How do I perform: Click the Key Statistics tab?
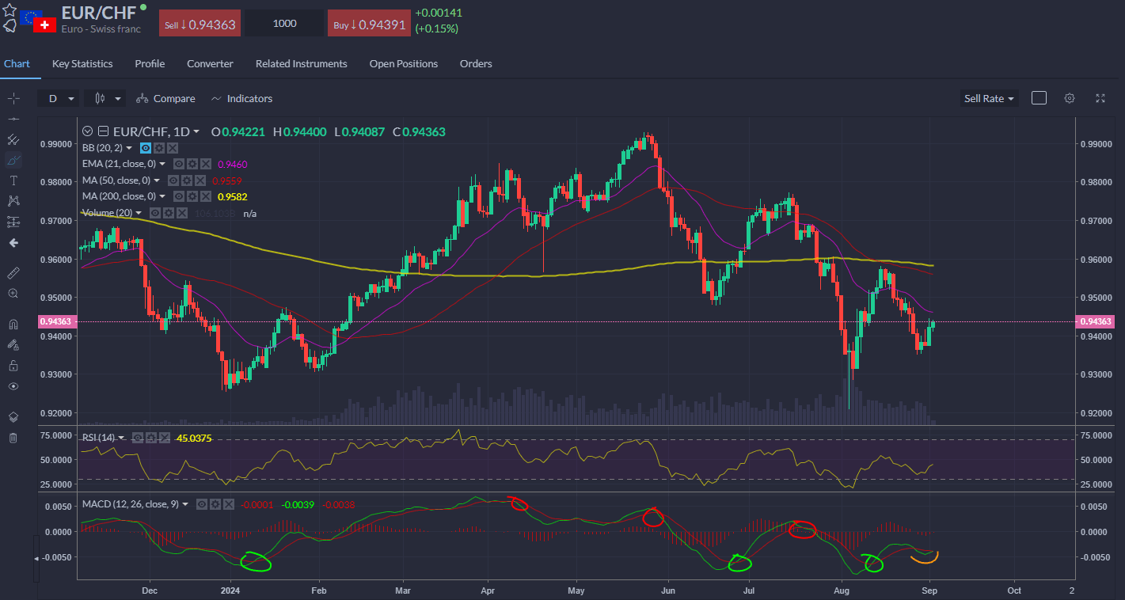point(82,63)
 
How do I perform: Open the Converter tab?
point(210,63)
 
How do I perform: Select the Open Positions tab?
point(403,63)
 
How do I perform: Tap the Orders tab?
point(476,63)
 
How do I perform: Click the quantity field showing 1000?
point(284,24)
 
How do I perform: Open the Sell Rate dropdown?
point(989,99)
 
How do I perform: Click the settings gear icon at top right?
point(1070,98)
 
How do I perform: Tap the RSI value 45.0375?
point(194,438)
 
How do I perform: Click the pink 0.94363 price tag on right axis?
point(1096,321)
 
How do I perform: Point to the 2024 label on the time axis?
point(230,591)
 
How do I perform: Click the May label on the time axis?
point(576,591)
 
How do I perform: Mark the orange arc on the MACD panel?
point(924,558)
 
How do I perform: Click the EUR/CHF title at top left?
point(98,13)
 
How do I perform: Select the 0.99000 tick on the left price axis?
point(54,145)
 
